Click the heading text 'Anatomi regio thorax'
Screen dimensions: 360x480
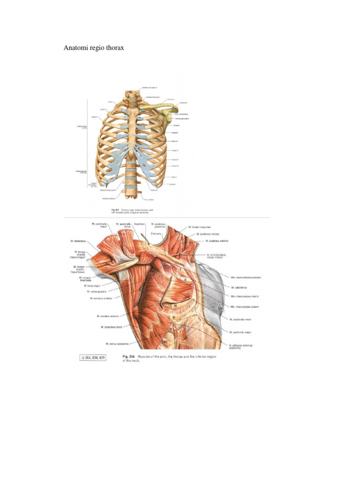coord(94,48)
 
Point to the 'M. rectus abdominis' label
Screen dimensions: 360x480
coord(118,344)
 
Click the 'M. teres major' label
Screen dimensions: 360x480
coord(93,285)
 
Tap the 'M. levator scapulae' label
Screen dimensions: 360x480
coord(203,227)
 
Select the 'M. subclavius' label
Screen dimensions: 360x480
coord(239,287)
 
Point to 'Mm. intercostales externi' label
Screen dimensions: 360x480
coord(245,307)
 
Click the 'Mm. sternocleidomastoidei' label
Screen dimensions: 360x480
coord(246,277)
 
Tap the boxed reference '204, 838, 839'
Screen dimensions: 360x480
coord(92,358)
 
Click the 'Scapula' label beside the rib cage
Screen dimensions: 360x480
coord(177,125)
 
